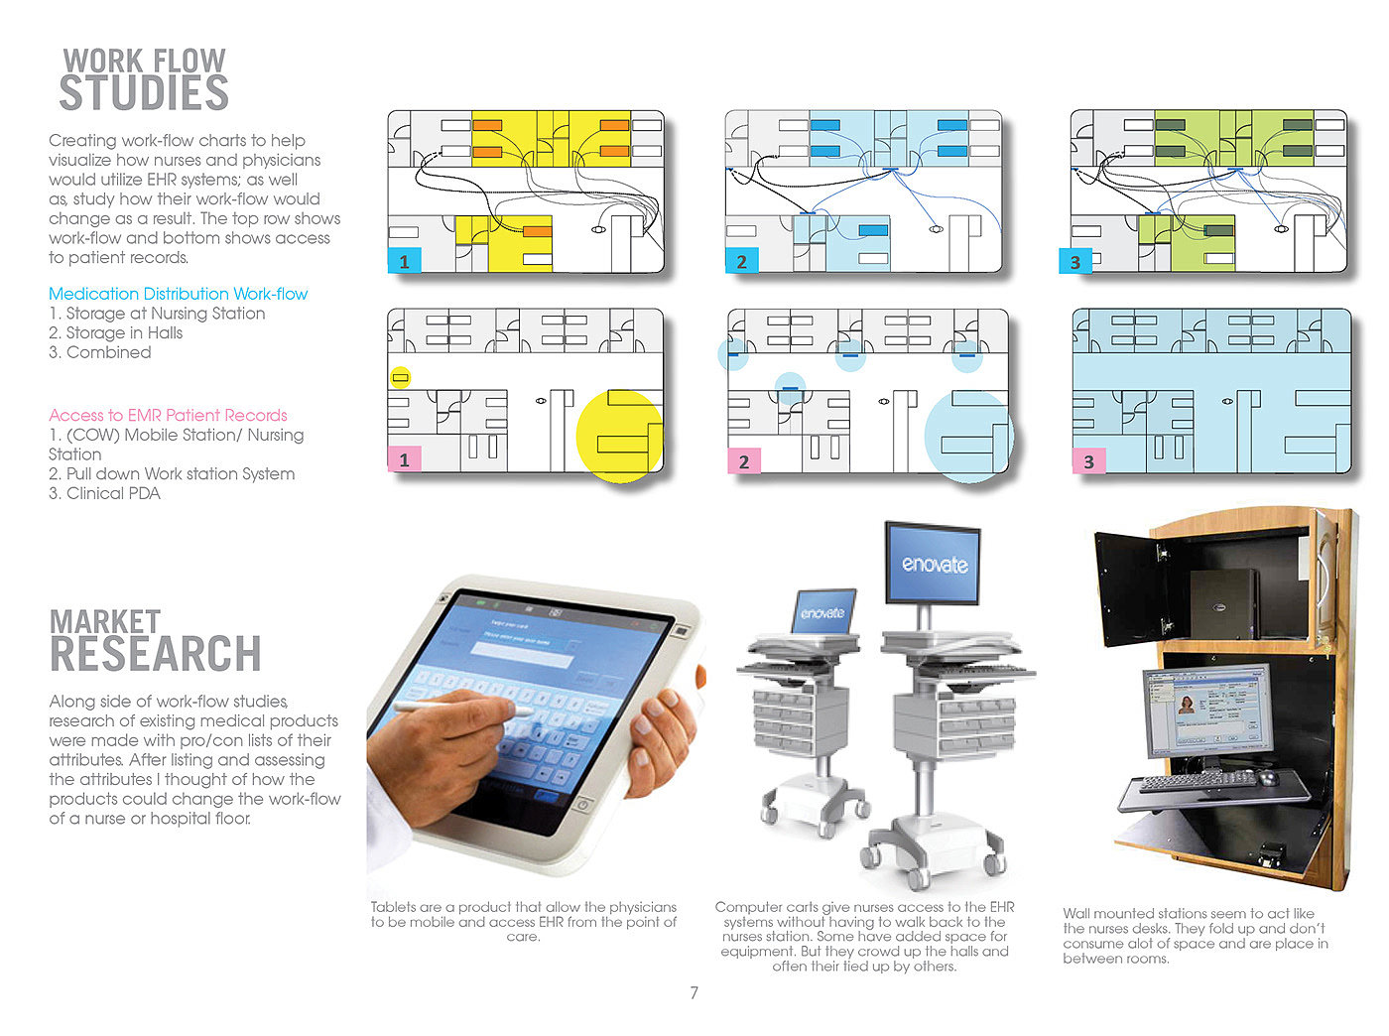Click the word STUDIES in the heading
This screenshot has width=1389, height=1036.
(x=144, y=93)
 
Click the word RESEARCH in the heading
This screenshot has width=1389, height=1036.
(x=156, y=654)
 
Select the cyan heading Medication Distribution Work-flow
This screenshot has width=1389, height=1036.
(x=178, y=294)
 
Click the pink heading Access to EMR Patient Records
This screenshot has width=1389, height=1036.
(x=168, y=415)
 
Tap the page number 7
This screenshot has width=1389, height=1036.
(x=694, y=992)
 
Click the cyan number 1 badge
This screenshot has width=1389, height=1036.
(x=404, y=262)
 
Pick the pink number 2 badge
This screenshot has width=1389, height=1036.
(x=743, y=460)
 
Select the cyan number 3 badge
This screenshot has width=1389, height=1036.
(x=1074, y=262)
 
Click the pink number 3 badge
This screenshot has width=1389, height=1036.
(x=1088, y=460)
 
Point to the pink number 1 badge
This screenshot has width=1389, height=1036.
(x=404, y=459)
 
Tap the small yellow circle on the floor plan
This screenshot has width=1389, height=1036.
(x=400, y=377)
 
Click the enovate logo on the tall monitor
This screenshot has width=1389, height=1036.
(x=934, y=564)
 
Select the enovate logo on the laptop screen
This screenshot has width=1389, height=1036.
(x=822, y=613)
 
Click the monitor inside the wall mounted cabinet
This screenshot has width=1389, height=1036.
(x=1206, y=711)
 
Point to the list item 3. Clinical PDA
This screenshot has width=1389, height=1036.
(x=104, y=493)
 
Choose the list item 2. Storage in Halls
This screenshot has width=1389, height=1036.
(x=115, y=332)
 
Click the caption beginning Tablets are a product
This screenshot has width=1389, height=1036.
(x=523, y=921)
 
